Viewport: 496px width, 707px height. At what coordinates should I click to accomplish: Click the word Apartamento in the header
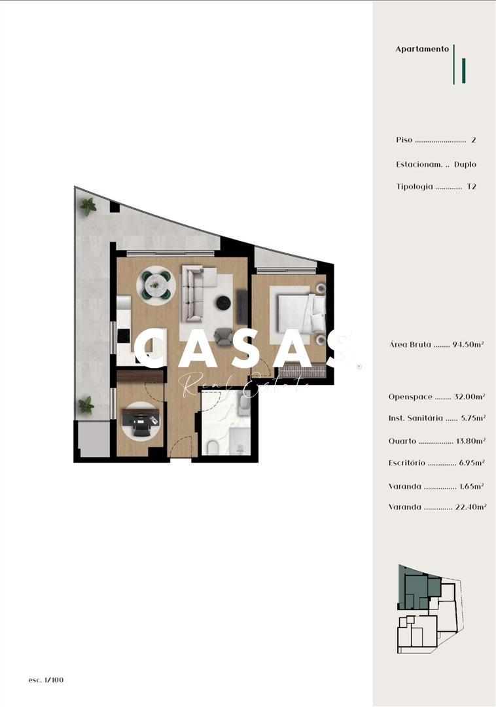422,49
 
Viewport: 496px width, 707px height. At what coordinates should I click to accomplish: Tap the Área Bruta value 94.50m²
468,344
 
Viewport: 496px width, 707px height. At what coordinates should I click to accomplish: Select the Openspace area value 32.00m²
469,397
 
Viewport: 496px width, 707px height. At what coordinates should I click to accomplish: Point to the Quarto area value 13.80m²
470,441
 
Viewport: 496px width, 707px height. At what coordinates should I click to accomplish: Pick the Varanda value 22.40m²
470,507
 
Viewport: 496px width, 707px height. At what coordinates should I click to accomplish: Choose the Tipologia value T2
471,187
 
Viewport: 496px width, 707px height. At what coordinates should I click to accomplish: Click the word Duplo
465,164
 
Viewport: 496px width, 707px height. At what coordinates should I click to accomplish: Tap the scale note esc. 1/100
46,680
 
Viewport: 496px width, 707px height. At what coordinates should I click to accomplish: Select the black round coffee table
224,303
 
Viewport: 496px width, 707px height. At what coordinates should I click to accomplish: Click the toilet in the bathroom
212,447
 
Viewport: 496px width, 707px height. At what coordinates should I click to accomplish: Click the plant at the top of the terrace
88,207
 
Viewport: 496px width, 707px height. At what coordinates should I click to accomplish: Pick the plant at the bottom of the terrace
86,405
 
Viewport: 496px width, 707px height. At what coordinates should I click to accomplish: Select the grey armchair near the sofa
224,337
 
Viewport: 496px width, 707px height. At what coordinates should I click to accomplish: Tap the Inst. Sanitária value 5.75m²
473,418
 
